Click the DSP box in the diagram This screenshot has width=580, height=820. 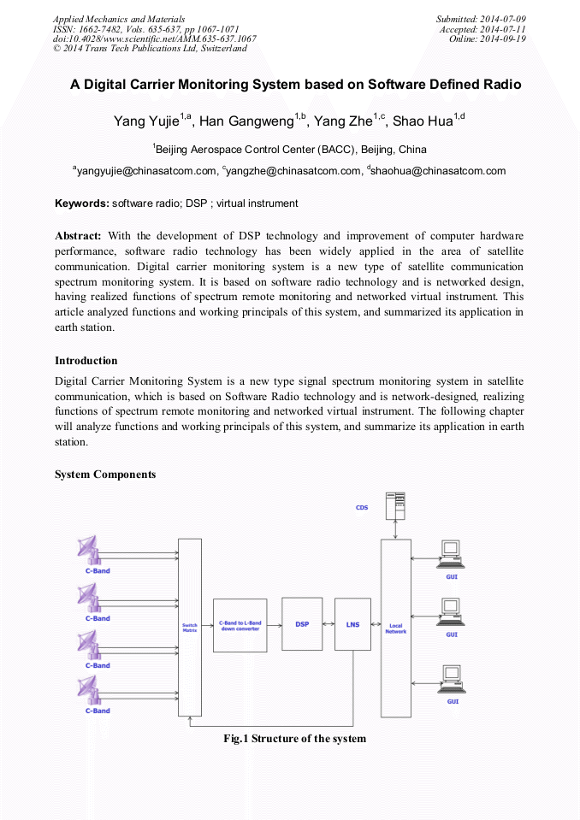[302, 624]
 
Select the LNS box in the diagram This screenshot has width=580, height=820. [352, 624]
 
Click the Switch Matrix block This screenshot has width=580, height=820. [190, 627]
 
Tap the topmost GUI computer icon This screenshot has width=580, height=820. [451, 554]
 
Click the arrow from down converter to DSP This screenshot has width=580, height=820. [273, 625]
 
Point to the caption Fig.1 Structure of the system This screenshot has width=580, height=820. [294, 738]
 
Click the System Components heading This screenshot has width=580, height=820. [105, 475]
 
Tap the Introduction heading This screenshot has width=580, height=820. [86, 360]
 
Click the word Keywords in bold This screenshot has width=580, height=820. [81, 204]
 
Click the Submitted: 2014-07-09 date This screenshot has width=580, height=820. [481, 18]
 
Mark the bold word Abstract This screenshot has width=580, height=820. [78, 235]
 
